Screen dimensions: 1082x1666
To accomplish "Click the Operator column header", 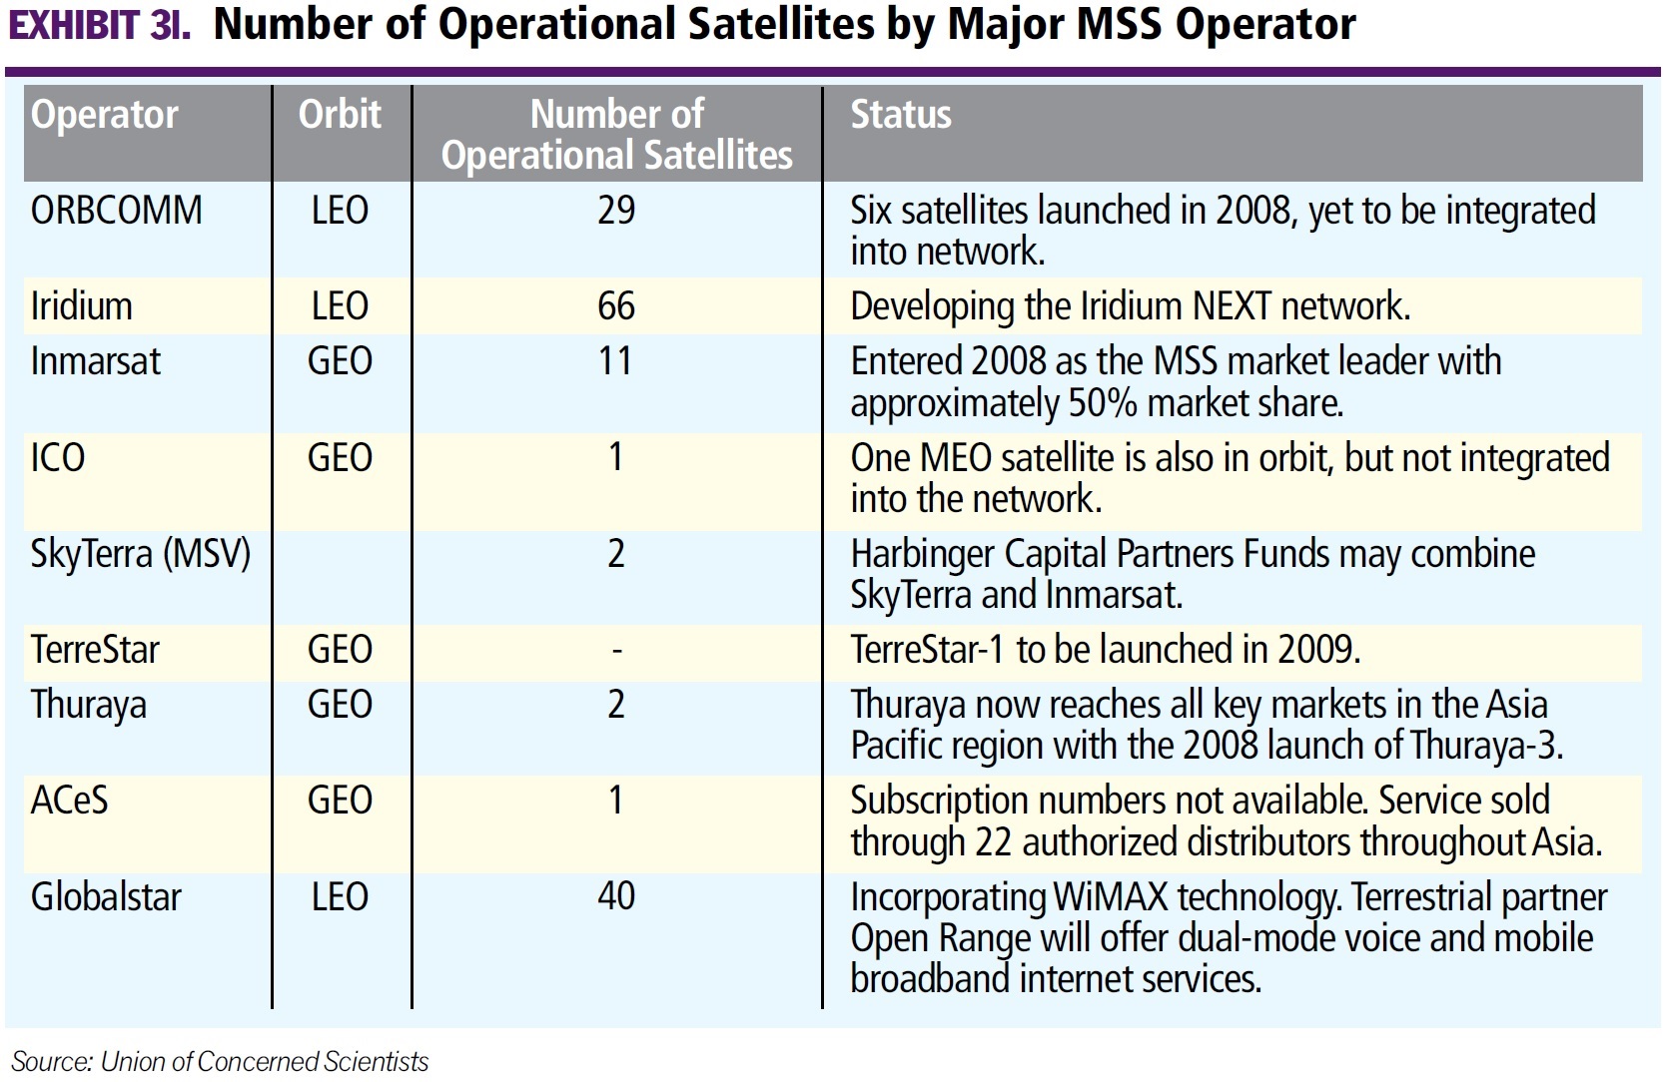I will click(105, 115).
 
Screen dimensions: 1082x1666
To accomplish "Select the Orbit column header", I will click(340, 115).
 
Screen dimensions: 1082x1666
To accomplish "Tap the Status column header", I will click(900, 115).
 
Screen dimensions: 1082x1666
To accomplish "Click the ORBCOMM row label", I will click(117, 211).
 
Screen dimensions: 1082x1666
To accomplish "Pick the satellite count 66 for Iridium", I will click(616, 306).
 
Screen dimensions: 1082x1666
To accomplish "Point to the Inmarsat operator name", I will click(96, 361).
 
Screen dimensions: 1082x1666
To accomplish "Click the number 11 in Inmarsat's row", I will click(615, 361).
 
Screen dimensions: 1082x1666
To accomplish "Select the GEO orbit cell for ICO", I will click(340, 458).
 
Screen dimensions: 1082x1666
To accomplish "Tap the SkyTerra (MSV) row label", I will click(141, 554).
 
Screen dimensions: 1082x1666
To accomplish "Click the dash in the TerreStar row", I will click(616, 651).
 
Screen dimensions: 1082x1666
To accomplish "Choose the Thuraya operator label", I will click(89, 706).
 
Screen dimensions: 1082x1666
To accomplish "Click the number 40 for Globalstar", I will click(616, 896).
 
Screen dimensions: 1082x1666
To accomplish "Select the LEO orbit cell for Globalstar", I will click(340, 896).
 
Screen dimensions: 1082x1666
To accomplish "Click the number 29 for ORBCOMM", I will click(616, 211).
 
